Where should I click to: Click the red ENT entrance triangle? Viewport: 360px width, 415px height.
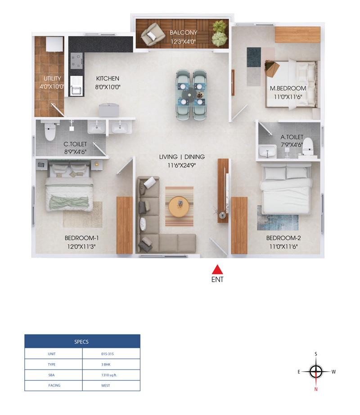[x=217, y=270]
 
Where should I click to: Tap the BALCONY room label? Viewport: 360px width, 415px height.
[x=183, y=32]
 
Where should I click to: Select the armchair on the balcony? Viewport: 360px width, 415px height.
[x=153, y=34]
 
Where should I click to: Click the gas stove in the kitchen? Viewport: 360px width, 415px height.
[x=76, y=61]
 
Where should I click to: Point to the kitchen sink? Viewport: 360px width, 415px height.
[x=76, y=86]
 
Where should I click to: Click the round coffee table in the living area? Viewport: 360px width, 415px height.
[x=179, y=207]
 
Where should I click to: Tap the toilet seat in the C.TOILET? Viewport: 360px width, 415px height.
[x=50, y=131]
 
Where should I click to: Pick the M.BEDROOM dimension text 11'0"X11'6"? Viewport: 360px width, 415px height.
[x=288, y=97]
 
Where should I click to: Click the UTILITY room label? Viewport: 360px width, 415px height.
[x=52, y=79]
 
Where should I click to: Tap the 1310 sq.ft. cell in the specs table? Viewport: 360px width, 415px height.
[x=109, y=375]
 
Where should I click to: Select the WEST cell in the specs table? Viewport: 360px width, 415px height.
[x=106, y=386]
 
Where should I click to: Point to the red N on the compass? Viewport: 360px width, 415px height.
[x=316, y=389]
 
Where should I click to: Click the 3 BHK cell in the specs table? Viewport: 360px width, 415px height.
[x=106, y=365]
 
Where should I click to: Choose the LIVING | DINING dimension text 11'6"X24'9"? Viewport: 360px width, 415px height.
[x=182, y=166]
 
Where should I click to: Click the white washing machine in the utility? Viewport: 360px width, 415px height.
[x=55, y=44]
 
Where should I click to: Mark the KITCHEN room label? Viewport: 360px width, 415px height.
[x=108, y=79]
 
